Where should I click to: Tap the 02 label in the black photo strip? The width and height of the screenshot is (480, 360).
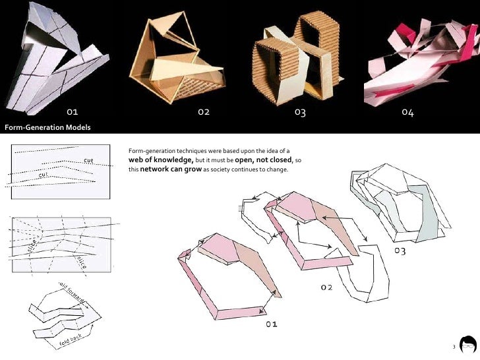(204, 112)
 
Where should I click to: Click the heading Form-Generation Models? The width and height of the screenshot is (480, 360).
(47, 127)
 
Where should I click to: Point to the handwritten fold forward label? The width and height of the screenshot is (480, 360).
(72, 294)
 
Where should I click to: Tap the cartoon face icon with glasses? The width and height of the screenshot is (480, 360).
(467, 345)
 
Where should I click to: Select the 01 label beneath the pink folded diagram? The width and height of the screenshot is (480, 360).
(271, 324)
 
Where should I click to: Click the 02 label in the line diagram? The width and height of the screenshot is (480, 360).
(326, 287)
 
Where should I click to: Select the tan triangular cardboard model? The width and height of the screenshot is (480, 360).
(181, 59)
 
